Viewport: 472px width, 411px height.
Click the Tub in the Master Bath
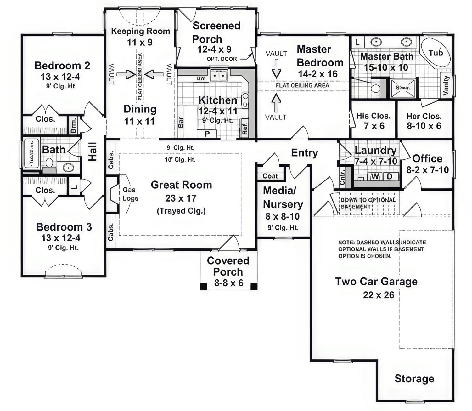[436, 53]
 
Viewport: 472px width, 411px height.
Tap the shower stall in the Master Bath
[403, 88]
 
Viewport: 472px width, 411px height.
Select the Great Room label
[181, 185]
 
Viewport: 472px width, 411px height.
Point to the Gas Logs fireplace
[130, 194]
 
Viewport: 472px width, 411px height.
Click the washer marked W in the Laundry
[375, 176]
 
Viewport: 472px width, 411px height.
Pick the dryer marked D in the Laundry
[390, 176]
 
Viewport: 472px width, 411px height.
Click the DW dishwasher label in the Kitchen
[201, 78]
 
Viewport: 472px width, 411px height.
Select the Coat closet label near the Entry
[270, 176]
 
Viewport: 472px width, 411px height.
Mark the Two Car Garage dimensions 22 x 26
[378, 295]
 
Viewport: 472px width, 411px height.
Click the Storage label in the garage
[414, 379]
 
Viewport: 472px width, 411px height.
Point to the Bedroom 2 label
[62, 66]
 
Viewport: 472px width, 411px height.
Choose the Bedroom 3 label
[64, 227]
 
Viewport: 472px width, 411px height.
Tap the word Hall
[93, 152]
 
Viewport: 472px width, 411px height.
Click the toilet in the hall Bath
[49, 164]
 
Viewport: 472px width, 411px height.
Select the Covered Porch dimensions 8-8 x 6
[229, 283]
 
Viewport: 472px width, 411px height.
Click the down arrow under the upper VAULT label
[276, 69]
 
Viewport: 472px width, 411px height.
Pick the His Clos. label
[373, 116]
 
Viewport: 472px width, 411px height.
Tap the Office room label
[427, 158]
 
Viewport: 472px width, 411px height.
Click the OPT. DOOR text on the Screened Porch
[222, 59]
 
